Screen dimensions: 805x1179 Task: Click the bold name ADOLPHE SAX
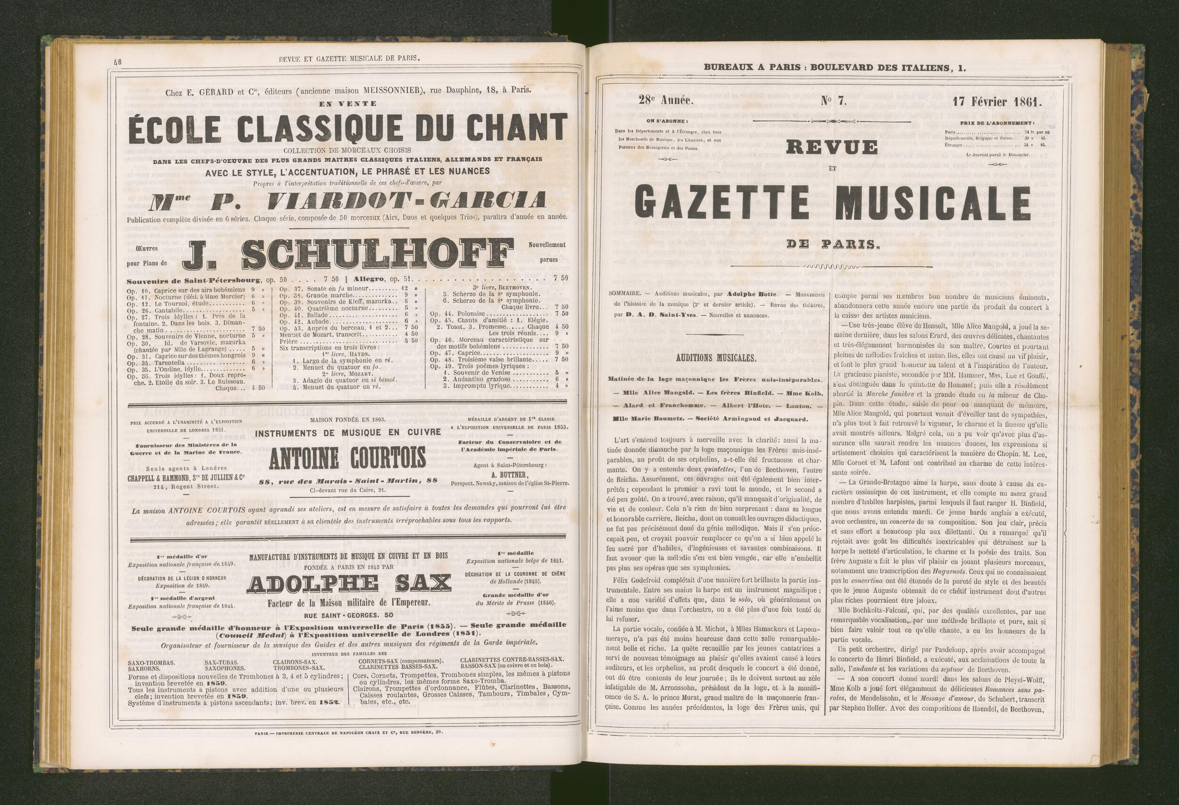click(x=349, y=585)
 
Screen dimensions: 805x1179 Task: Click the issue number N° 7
click(x=834, y=101)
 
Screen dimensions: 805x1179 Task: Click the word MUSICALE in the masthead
click(x=933, y=201)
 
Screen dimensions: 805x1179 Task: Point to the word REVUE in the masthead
click(x=832, y=147)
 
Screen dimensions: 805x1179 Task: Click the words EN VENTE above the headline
click(x=348, y=103)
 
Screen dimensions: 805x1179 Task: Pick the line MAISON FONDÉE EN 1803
click(x=348, y=420)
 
